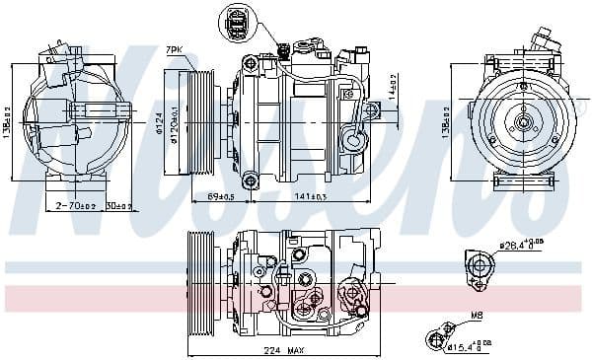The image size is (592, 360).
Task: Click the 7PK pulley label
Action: point(174,48)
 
